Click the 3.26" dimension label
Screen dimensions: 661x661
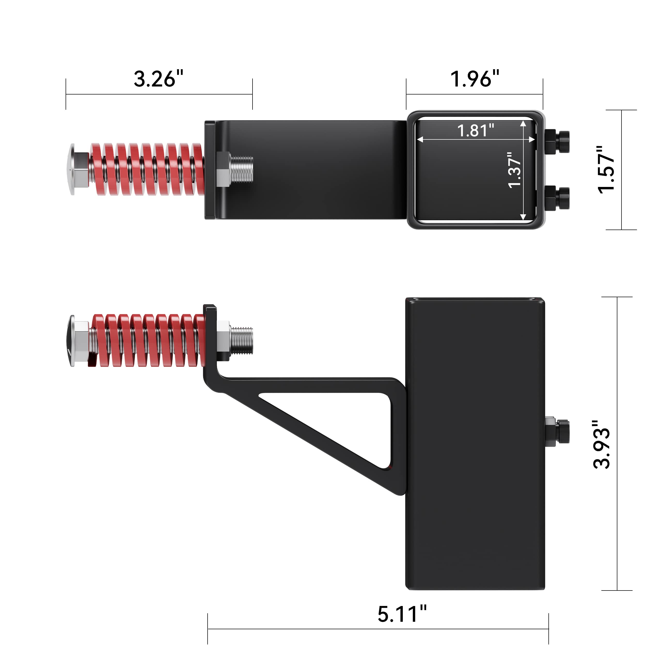158,79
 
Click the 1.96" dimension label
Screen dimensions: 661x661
475,79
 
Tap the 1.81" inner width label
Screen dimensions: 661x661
476,130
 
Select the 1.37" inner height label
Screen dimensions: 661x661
514,170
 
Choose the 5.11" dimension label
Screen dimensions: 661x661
402,614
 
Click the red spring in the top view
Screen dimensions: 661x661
147,169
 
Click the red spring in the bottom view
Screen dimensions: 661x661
149,340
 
